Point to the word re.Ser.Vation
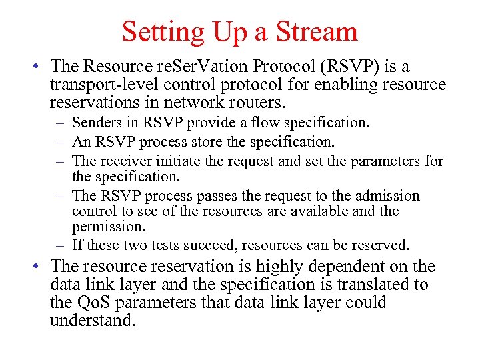click(189, 67)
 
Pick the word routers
click(258, 103)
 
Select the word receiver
click(121, 161)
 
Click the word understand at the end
click(93, 321)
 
